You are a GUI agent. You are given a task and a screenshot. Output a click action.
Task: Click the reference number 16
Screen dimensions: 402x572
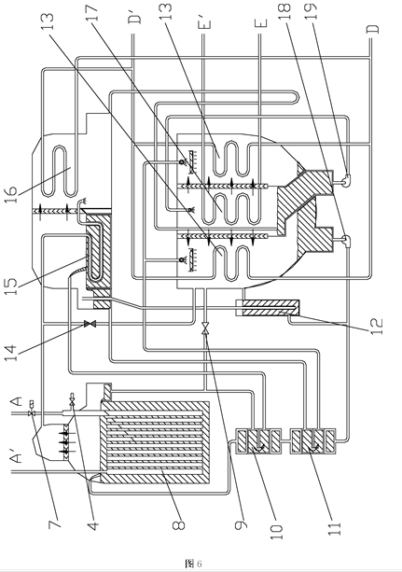click(11, 194)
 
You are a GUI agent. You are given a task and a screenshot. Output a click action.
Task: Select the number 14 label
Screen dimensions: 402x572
click(11, 354)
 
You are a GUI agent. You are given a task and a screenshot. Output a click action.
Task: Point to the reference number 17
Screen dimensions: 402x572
click(93, 12)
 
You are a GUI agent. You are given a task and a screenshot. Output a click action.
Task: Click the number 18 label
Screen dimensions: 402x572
click(285, 12)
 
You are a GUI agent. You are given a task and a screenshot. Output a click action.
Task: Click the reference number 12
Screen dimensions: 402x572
click(377, 327)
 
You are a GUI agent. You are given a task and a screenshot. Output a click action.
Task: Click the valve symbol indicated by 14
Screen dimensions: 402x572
click(90, 324)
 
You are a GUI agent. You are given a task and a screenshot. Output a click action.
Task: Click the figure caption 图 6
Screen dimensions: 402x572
click(193, 563)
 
